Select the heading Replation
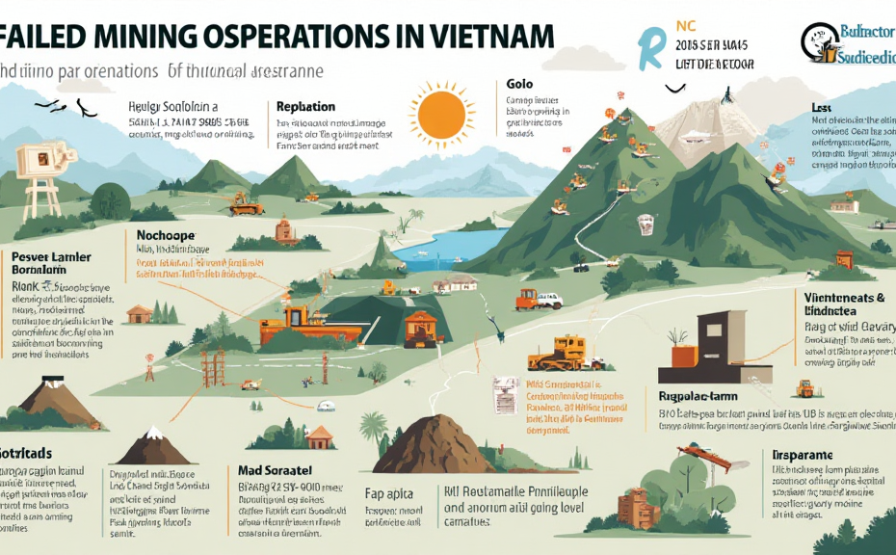[x=305, y=107]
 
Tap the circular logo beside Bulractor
[x=815, y=40]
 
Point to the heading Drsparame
[x=802, y=454]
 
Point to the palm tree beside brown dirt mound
[x=373, y=429]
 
